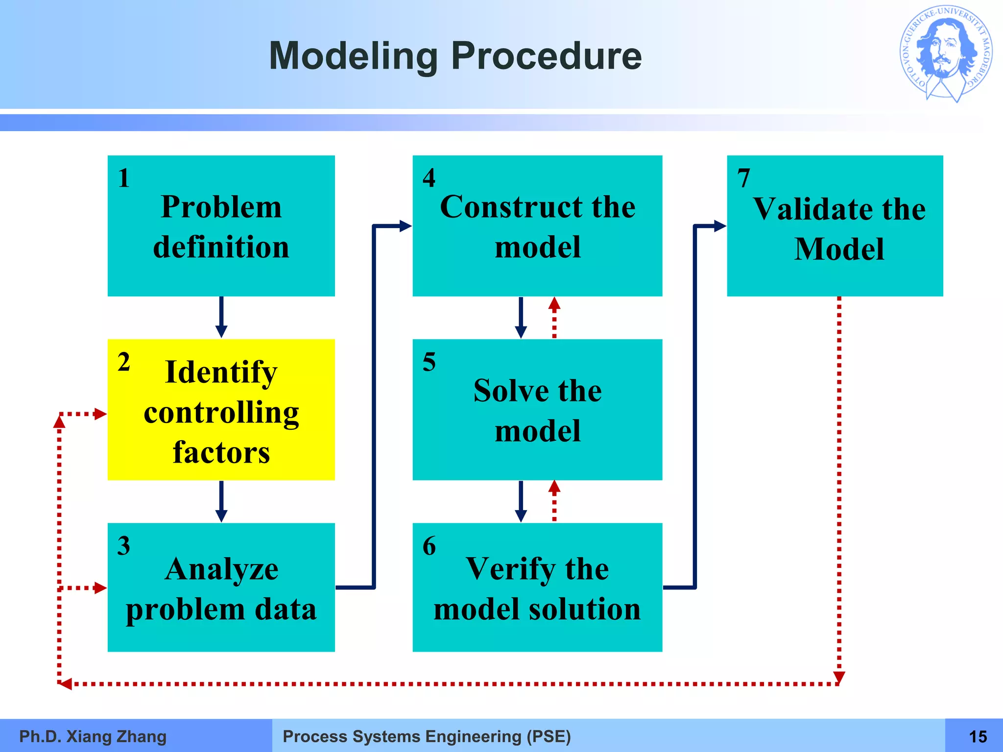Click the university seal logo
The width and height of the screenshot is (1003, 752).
(x=946, y=53)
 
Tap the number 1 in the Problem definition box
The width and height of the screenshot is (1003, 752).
(x=124, y=178)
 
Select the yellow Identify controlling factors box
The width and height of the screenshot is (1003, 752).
(x=221, y=409)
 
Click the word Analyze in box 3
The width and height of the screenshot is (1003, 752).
(x=221, y=569)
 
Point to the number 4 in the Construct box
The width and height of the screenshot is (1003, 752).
(x=429, y=178)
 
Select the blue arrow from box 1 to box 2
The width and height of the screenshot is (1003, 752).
(x=221, y=317)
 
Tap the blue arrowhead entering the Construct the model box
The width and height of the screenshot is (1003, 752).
(x=406, y=226)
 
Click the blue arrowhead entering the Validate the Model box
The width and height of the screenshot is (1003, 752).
(x=720, y=226)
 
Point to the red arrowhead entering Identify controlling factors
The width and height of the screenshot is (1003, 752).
(x=100, y=414)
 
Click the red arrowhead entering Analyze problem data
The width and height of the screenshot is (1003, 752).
(x=100, y=587)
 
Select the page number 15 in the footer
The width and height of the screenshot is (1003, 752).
(x=978, y=736)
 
